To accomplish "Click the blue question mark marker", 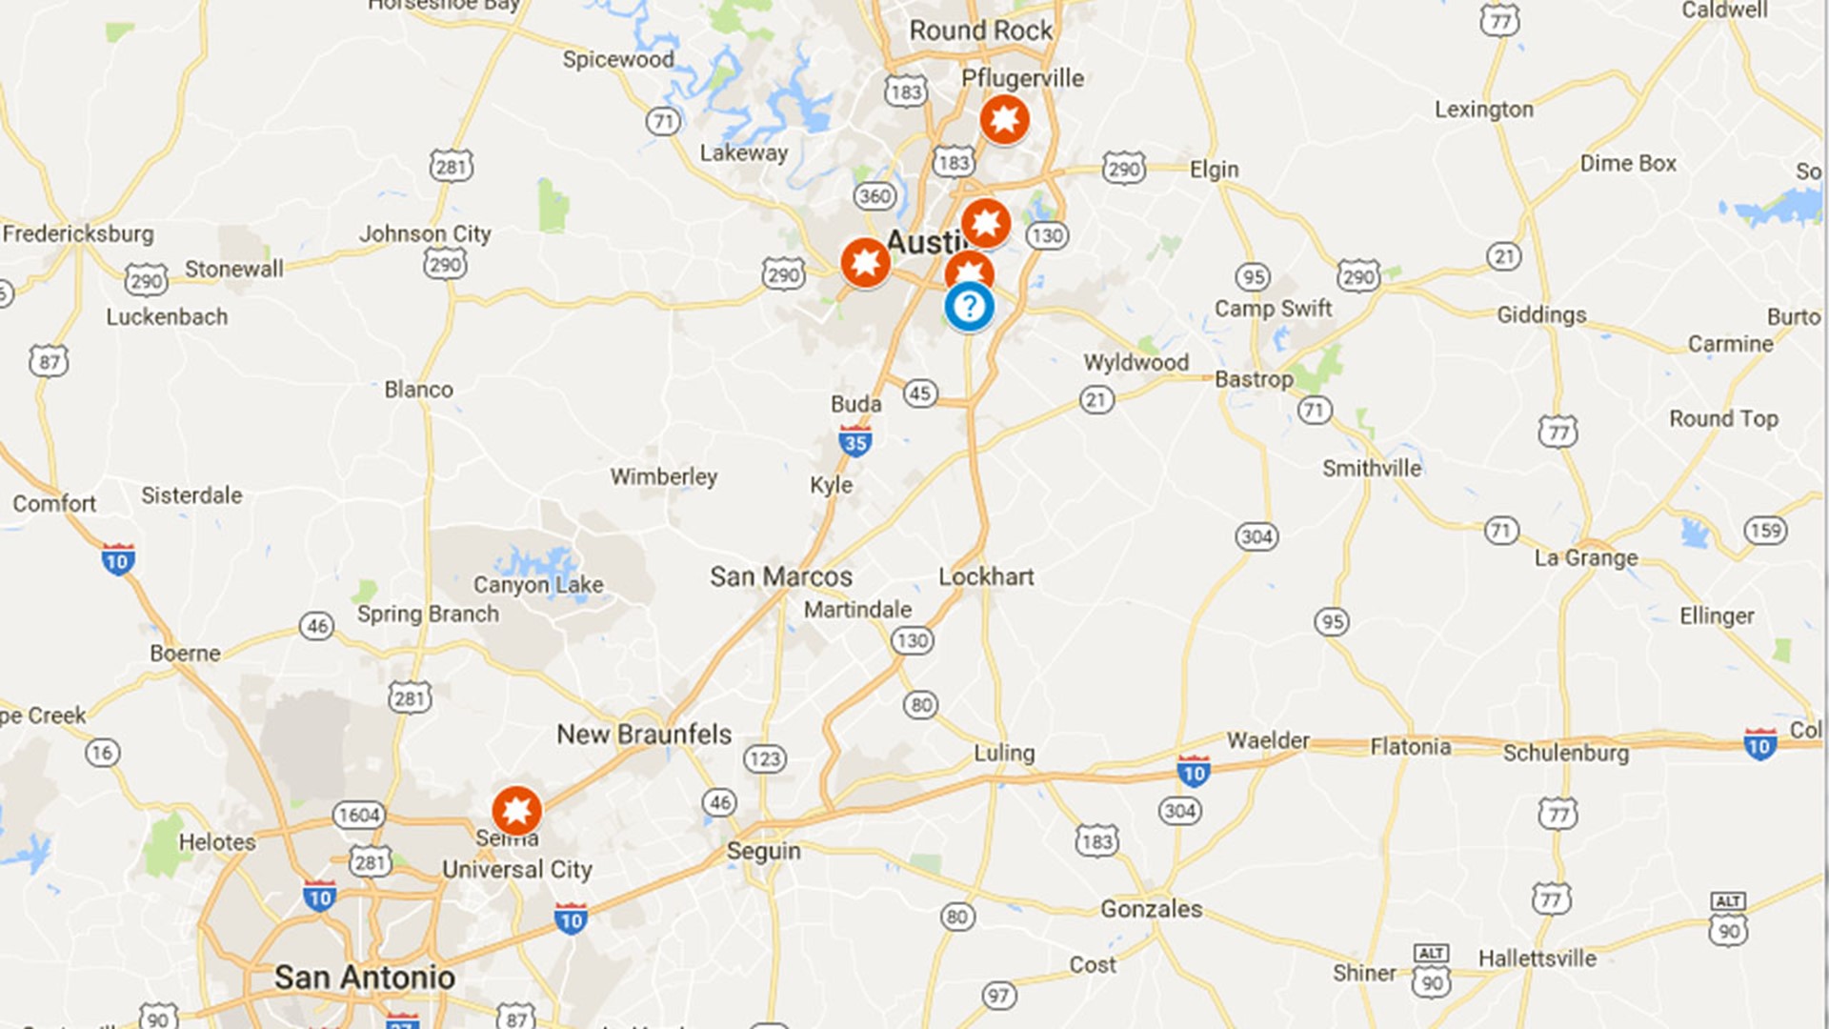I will click(969, 307).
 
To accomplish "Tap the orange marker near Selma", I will click(516, 811).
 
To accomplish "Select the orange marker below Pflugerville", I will click(1004, 119).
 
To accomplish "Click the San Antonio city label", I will click(364, 977).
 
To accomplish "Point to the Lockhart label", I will click(986, 576).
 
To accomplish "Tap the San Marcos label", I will click(781, 576).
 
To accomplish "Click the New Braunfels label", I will click(644, 734).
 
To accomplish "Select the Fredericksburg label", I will click(78, 233).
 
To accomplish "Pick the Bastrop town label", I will click(1254, 379).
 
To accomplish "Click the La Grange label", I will click(1586, 557).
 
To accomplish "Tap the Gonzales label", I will click(1151, 909).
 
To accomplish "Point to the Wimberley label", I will click(664, 476).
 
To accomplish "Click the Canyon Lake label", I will click(538, 584).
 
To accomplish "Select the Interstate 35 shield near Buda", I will click(854, 441).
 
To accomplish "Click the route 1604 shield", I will click(359, 815).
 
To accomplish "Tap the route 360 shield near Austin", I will click(874, 196).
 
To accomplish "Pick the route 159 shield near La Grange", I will click(1765, 530).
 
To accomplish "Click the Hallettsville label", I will click(1537, 958).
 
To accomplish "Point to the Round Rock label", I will click(981, 30).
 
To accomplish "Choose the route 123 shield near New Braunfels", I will click(764, 758).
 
